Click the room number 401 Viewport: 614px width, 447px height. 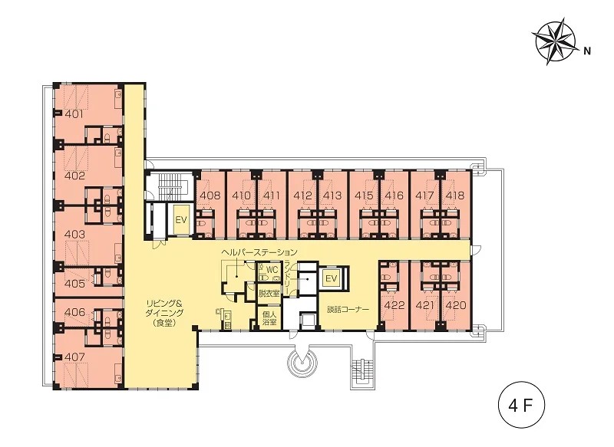(x=74, y=114)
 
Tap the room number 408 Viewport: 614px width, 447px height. (x=210, y=196)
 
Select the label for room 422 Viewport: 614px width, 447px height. (x=394, y=304)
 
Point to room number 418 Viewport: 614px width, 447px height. (x=454, y=196)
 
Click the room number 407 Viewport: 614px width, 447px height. (x=74, y=357)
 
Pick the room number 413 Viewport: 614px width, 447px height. (x=332, y=196)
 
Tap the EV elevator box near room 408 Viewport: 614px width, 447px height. (x=181, y=220)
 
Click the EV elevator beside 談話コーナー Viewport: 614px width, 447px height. (x=332, y=278)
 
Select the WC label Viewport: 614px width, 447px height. (x=272, y=270)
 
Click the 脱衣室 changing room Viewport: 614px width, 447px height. (x=269, y=294)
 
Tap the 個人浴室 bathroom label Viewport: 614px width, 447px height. (x=269, y=318)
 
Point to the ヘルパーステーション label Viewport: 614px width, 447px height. (x=259, y=252)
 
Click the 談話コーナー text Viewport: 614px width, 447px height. (x=348, y=310)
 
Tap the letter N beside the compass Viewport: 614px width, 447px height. (x=586, y=51)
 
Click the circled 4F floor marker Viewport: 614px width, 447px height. (x=521, y=406)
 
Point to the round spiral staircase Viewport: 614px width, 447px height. (x=302, y=361)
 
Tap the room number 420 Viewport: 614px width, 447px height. (x=456, y=304)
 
